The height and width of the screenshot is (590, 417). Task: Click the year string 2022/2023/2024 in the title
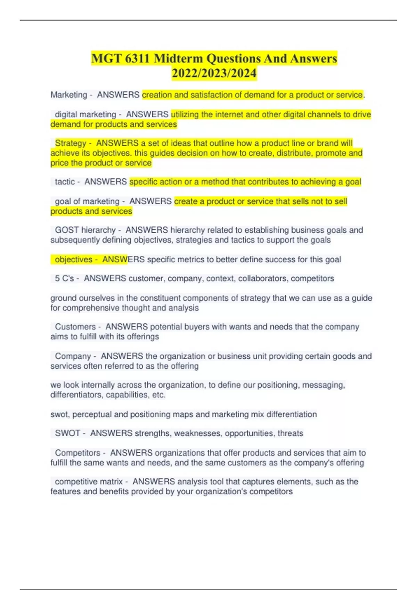point(214,73)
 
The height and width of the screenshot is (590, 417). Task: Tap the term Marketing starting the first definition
point(69,95)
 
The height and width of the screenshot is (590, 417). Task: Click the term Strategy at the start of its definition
point(71,143)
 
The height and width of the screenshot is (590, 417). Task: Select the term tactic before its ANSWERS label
point(65,182)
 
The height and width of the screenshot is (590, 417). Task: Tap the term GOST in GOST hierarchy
point(67,230)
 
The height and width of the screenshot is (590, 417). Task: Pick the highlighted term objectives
point(74,260)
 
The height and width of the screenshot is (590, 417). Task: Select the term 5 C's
point(64,278)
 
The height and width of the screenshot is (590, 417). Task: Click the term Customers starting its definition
point(75,327)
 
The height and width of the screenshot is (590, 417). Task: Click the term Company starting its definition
point(73,356)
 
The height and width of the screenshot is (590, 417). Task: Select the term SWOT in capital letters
point(67,433)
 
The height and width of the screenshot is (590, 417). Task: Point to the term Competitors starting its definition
point(77,453)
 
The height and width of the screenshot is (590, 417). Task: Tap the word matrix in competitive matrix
point(113,482)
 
